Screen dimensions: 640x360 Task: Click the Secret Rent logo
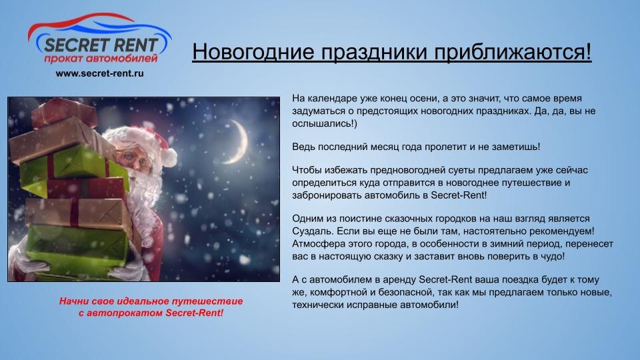(100, 39)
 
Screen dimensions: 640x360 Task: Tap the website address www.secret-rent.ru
(99, 73)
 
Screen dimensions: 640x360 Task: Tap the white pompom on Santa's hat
(169, 157)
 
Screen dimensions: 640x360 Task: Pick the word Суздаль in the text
(311, 231)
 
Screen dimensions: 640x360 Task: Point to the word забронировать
(327, 195)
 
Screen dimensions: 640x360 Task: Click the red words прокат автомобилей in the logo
(101, 59)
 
